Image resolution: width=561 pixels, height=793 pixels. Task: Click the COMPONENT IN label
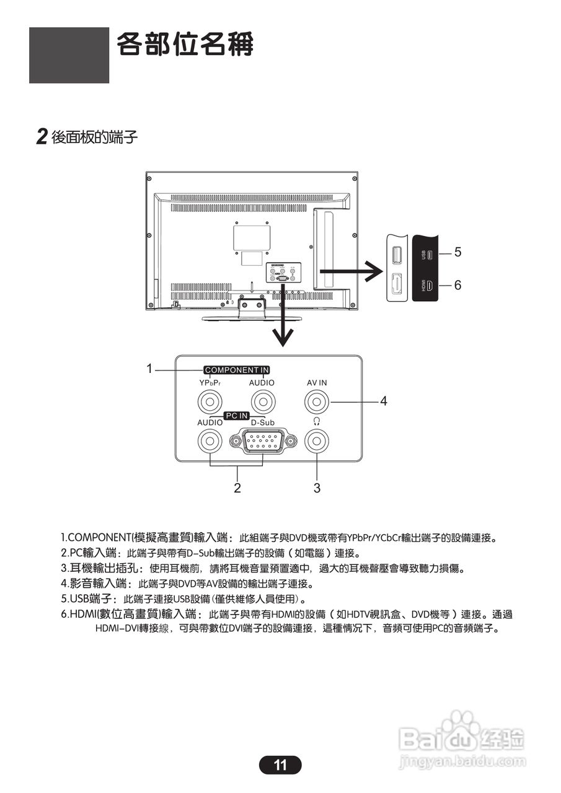coord(237,370)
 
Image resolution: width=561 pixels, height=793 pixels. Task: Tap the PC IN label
coord(236,415)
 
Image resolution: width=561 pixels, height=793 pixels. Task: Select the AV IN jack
coord(317,403)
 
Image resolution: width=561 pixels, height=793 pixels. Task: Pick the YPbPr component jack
coord(210,403)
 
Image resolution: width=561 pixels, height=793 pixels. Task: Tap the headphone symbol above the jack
coord(317,421)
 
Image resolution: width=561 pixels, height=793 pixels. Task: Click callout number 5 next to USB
coord(457,252)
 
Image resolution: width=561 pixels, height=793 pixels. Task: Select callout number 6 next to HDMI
coord(457,285)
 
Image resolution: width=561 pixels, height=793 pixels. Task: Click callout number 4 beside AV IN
coord(384,401)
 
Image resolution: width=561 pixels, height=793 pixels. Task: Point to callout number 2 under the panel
coord(237,488)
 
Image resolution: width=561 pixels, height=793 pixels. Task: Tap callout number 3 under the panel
coord(317,488)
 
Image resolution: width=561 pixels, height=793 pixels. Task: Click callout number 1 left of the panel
coord(149,369)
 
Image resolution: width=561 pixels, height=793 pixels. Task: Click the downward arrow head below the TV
coord(283,337)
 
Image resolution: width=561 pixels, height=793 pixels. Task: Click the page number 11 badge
coord(280,765)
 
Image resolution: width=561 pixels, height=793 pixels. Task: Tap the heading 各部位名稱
coord(185,45)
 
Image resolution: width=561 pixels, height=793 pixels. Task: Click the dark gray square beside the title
coord(69,55)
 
